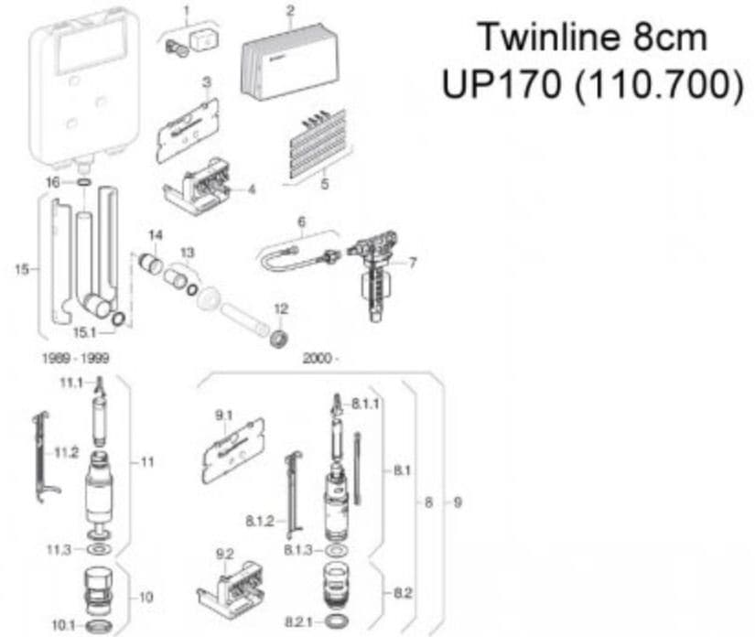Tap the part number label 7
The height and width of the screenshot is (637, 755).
click(413, 263)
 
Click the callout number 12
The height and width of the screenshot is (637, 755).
click(281, 308)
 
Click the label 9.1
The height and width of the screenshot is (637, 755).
click(224, 416)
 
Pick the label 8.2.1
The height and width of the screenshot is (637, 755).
click(297, 622)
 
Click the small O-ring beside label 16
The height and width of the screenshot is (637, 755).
click(83, 183)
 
